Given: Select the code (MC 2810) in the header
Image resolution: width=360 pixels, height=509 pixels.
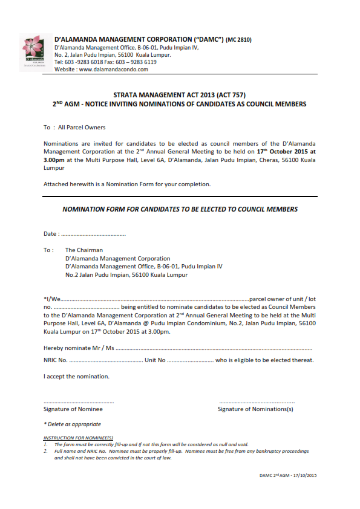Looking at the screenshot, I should pyautogui.click(x=238, y=41).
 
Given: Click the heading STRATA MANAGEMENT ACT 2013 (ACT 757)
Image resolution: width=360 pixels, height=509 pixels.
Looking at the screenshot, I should pyautogui.click(x=179, y=96).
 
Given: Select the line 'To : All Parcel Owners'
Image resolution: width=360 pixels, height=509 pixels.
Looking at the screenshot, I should pyautogui.click(x=74, y=128).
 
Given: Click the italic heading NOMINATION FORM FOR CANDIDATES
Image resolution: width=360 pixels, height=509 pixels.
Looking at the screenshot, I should pyautogui.click(x=180, y=209).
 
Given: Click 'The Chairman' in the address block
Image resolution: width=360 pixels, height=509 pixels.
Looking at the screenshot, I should pyautogui.click(x=84, y=250).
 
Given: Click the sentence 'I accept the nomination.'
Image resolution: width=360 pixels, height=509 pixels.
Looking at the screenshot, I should pyautogui.click(x=76, y=377).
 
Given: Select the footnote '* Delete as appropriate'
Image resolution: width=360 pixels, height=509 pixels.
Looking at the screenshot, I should pyautogui.click(x=72, y=424).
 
